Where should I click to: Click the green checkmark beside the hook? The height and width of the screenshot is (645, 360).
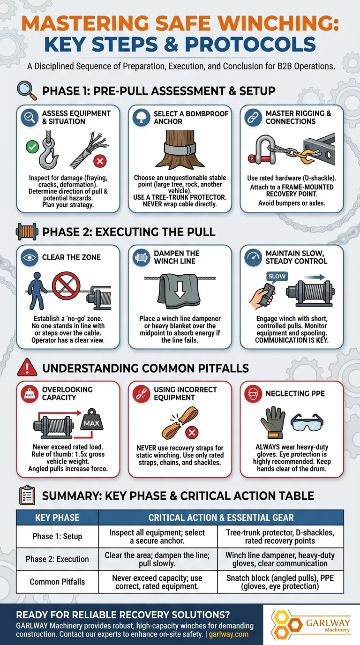(x=32, y=147)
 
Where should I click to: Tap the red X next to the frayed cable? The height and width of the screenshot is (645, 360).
(x=100, y=161)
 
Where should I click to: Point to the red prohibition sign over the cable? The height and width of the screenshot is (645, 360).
(x=66, y=285)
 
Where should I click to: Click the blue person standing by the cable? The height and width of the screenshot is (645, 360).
(x=37, y=291)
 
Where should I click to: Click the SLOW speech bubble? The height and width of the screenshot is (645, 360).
(x=277, y=277)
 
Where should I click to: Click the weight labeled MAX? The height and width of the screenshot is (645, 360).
(x=91, y=420)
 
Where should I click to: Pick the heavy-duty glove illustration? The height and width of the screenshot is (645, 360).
(x=272, y=422)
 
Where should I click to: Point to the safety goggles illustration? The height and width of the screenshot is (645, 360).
(x=307, y=422)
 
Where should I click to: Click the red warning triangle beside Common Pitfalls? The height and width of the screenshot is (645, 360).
(x=27, y=367)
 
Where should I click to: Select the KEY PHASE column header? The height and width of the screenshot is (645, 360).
(x=57, y=517)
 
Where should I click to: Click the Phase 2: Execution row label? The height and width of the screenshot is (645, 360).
(x=57, y=559)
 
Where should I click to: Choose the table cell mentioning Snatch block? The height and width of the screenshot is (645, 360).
(x=280, y=582)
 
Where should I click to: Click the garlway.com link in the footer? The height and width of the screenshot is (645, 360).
(x=228, y=634)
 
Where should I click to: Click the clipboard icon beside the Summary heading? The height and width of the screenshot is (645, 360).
(x=27, y=495)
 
